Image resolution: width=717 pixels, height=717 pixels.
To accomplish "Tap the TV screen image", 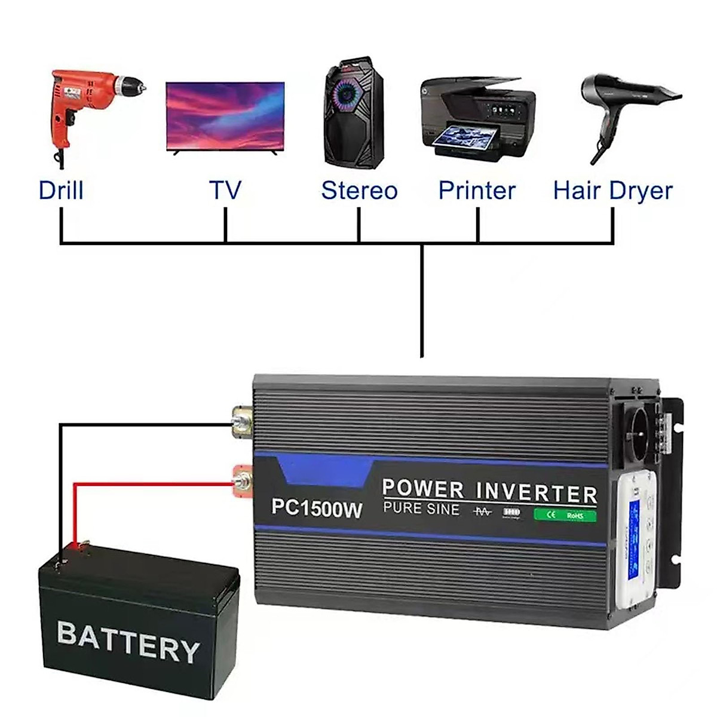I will tap(225, 117).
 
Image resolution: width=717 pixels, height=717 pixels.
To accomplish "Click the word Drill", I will tap(60, 191).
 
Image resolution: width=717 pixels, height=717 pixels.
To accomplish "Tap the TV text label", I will tap(225, 191).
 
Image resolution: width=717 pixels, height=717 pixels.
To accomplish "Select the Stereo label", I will tap(358, 191).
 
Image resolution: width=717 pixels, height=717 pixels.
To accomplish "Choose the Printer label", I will tap(477, 191).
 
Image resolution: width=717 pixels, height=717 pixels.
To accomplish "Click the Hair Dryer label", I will tap(612, 191).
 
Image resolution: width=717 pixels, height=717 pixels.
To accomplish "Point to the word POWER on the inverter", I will tap(423, 488).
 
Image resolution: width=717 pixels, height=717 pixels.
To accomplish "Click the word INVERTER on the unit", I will tap(537, 494).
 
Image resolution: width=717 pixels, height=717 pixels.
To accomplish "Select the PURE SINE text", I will tap(421, 509).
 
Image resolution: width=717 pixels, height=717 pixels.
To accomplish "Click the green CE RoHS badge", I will tap(565, 514).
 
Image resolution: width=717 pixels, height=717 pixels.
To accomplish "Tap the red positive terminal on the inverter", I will tap(243, 479).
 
